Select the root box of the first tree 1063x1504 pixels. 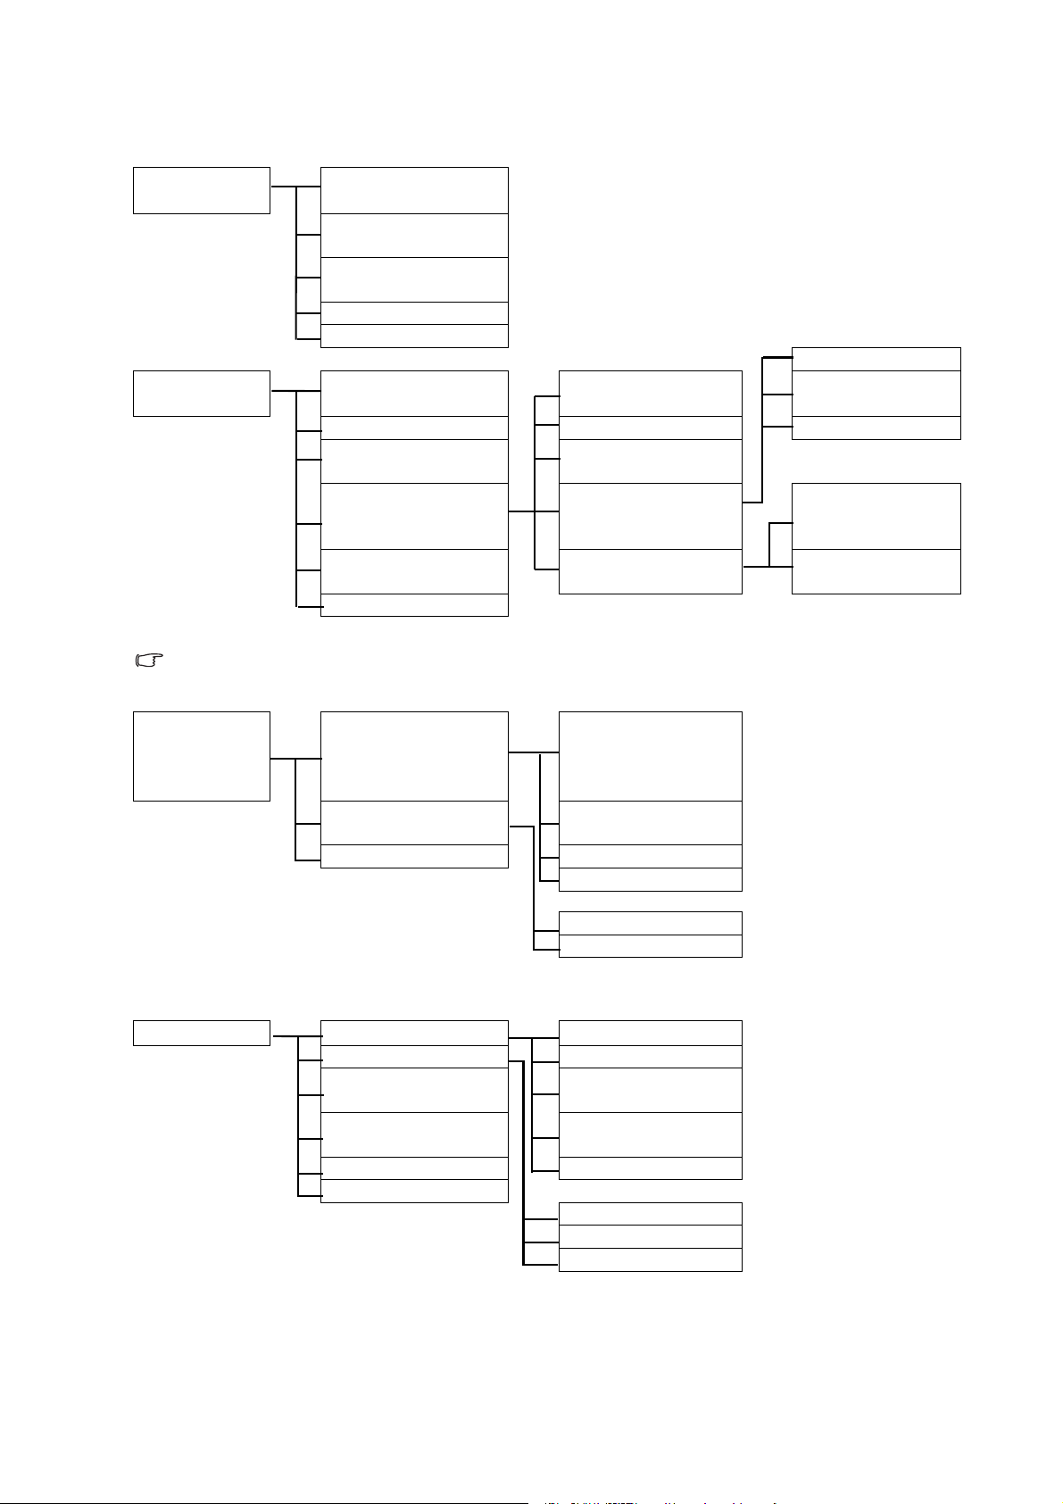pos(201,189)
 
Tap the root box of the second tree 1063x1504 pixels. pos(201,393)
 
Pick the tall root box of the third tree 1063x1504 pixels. pos(201,756)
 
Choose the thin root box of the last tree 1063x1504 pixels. pos(201,1033)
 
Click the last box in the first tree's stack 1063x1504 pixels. pos(414,336)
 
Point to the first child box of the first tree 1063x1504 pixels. pos(414,189)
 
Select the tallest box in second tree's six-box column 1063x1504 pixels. pos(414,516)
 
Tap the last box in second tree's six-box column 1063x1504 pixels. pos(414,605)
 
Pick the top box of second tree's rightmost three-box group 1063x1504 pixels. pos(876,359)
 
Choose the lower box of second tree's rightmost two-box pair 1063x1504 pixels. pos(876,571)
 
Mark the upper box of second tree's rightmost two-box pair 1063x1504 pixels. pos(876,516)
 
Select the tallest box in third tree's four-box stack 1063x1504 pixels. pos(650,756)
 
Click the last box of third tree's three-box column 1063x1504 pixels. pos(414,856)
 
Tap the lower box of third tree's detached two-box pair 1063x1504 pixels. pos(650,946)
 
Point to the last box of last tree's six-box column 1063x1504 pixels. pos(414,1191)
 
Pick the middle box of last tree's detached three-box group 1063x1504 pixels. pos(650,1236)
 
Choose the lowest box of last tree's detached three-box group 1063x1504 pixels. pos(650,1259)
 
